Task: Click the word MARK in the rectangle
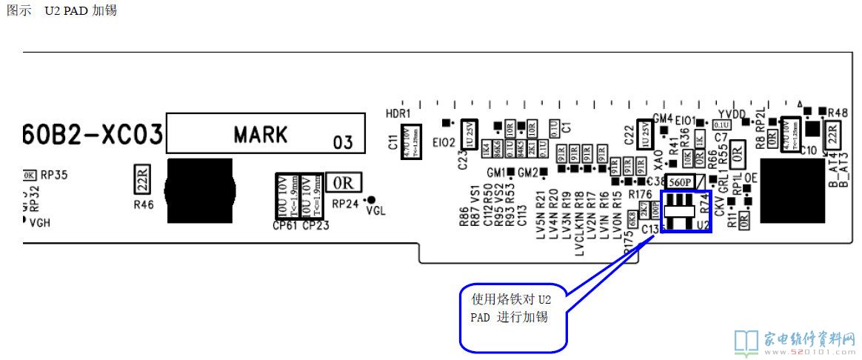click(260, 135)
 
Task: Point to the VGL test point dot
click(372, 199)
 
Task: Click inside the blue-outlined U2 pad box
click(686, 211)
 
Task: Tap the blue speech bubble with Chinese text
click(514, 316)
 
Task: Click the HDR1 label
click(398, 113)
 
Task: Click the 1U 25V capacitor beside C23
click(468, 133)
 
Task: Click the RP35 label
click(53, 176)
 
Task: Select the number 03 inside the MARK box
click(343, 141)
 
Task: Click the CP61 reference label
click(285, 225)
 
